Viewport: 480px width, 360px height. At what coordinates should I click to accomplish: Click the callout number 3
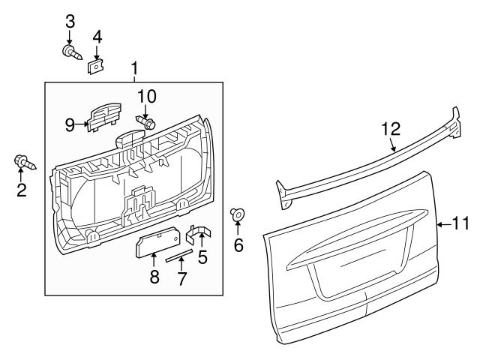tap(70, 20)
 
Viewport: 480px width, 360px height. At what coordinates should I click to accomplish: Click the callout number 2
tap(21, 190)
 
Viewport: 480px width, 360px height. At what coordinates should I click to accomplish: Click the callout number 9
tap(70, 124)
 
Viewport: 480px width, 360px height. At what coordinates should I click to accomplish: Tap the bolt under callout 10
tap(145, 121)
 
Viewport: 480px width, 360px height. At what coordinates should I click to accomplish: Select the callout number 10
tap(147, 96)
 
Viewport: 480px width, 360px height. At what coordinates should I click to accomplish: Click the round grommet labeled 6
tap(238, 216)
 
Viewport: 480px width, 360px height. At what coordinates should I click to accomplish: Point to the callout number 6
tap(238, 245)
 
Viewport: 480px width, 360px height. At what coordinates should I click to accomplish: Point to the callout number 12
tap(391, 128)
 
